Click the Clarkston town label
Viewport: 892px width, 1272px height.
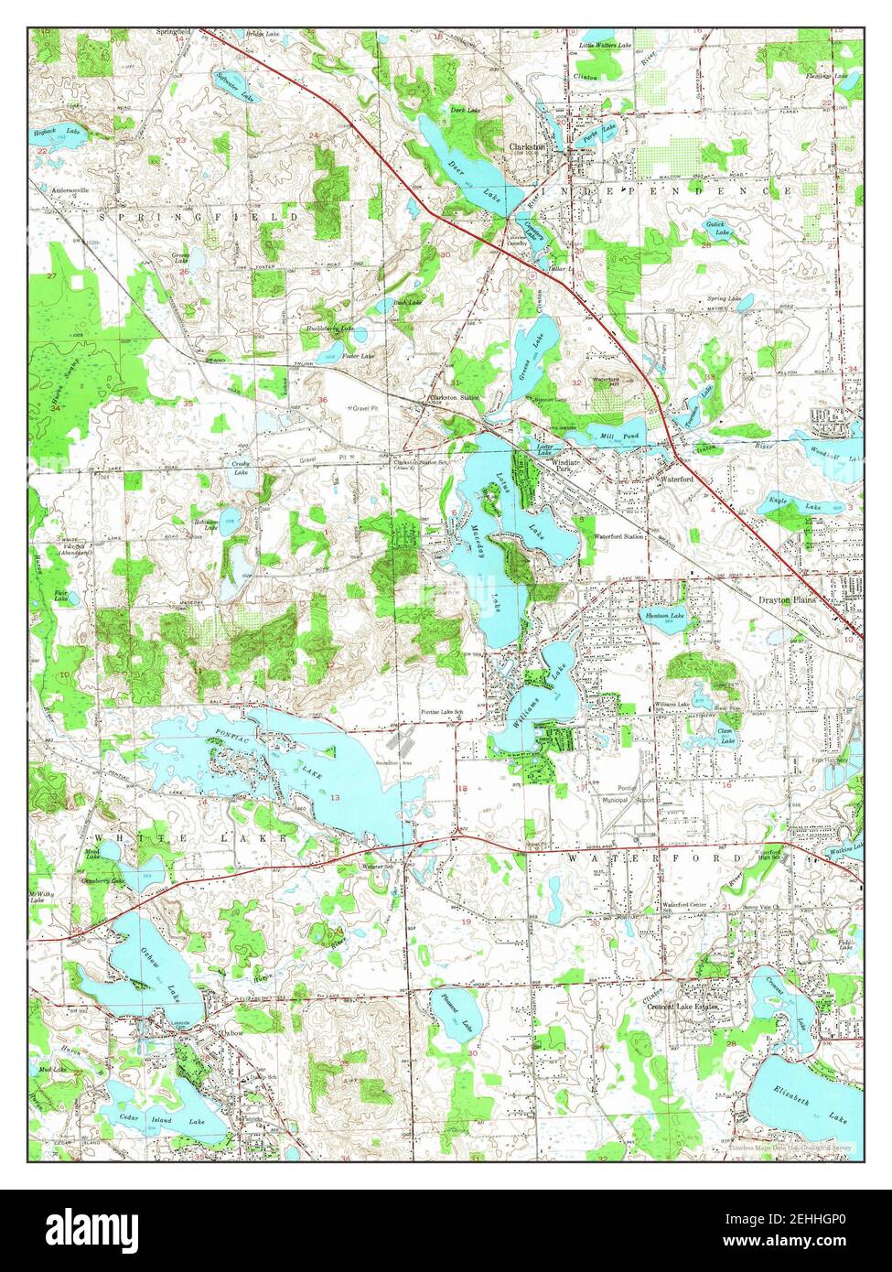coord(527,146)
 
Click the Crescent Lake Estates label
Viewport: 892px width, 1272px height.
coord(682,1006)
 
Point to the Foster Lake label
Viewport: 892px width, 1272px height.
coord(358,355)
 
